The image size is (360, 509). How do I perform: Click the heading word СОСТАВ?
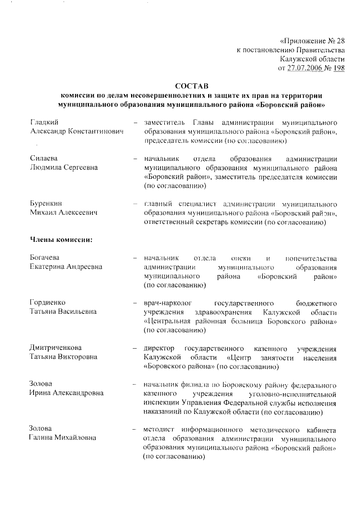[191, 86]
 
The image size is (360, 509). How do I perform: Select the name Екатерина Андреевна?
[66, 267]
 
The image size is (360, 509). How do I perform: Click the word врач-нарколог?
[167, 303]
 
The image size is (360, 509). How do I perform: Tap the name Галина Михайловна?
[62, 439]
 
